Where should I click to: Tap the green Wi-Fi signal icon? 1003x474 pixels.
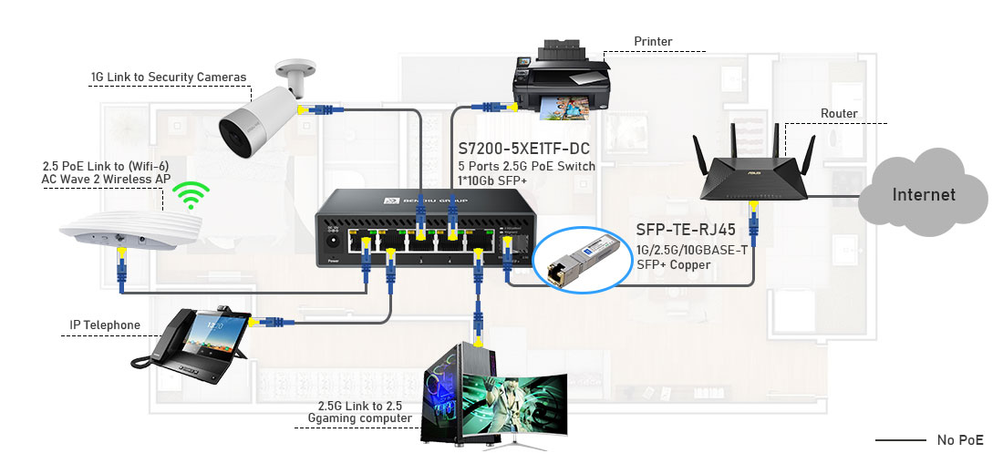tap(192, 195)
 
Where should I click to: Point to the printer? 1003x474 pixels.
tap(559, 82)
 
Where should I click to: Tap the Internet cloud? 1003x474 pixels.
tap(923, 194)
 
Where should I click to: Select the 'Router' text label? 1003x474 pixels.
tap(839, 114)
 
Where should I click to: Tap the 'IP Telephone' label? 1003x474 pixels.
tap(105, 325)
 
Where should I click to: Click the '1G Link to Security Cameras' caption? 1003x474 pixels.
tap(169, 77)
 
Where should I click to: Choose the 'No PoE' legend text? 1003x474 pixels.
tap(960, 440)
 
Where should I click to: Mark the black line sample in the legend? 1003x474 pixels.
tap(900, 440)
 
